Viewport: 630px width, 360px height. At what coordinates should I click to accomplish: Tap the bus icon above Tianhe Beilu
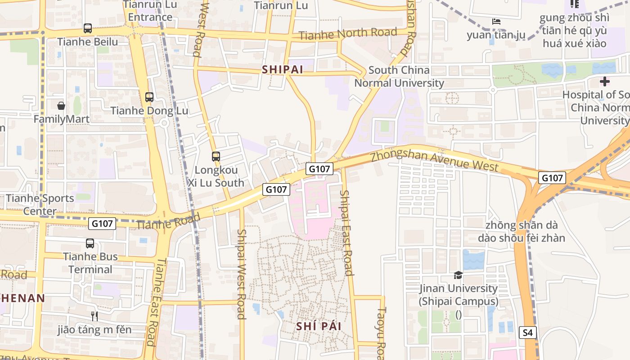[88, 28]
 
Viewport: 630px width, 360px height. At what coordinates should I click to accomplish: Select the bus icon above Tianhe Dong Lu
[149, 97]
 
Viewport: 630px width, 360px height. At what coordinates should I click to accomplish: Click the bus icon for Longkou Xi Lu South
[216, 157]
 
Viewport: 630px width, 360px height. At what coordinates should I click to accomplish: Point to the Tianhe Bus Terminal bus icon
[90, 243]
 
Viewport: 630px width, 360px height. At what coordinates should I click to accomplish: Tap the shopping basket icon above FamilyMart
[61, 106]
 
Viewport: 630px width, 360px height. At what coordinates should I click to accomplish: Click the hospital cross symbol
[604, 81]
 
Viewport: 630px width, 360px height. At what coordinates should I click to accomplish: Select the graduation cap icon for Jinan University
[458, 275]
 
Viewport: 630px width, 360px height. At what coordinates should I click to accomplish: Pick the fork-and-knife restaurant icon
[94, 316]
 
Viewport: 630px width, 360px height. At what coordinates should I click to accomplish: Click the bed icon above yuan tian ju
[496, 21]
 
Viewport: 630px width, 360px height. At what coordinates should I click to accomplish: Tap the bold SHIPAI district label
[282, 70]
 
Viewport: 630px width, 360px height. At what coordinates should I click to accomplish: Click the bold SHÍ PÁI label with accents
[319, 326]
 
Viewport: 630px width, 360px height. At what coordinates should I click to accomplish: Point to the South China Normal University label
[399, 76]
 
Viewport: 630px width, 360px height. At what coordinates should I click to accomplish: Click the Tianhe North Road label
[348, 33]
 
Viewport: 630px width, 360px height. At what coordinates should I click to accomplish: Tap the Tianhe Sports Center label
[40, 204]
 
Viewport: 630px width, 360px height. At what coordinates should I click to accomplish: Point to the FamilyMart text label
[62, 119]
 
